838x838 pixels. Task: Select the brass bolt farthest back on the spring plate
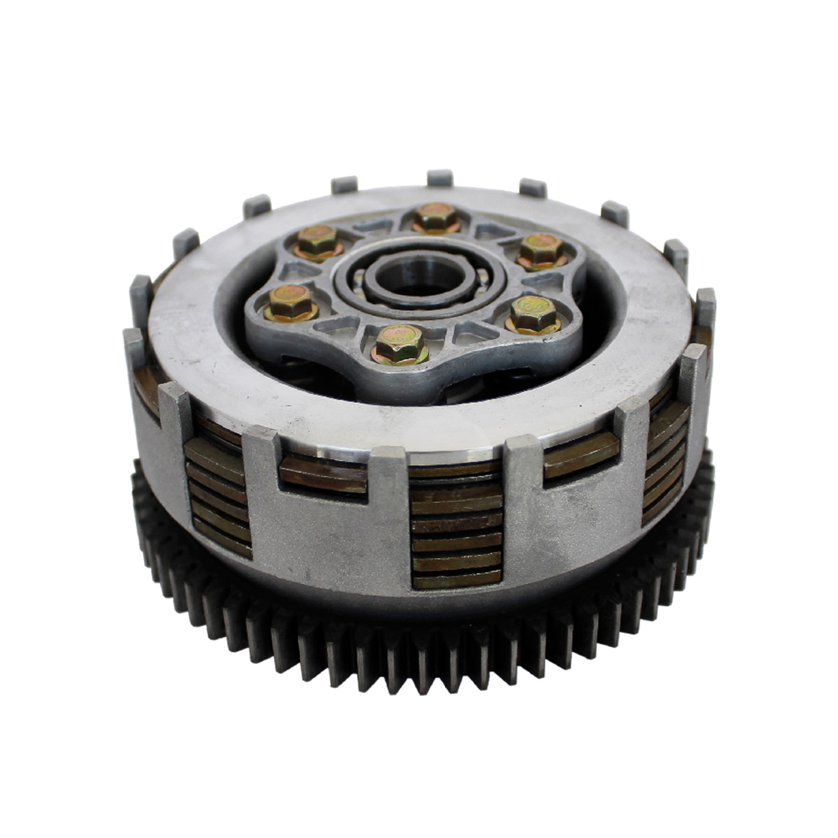tap(436, 217)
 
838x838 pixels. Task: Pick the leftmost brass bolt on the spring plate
tap(291, 303)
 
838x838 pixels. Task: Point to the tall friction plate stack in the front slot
tap(457, 524)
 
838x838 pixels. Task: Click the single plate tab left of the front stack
tap(323, 473)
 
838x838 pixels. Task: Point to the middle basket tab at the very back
tap(440, 178)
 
